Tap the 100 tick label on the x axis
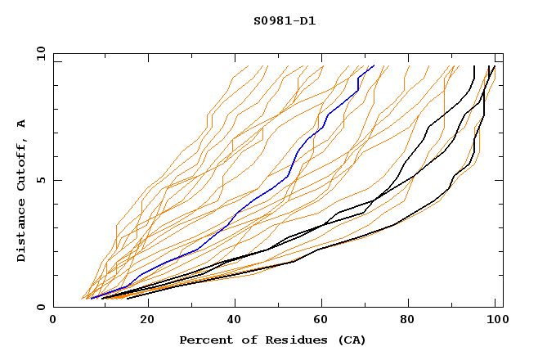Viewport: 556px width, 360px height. pyautogui.click(x=496, y=320)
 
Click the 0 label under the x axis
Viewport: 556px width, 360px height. pyautogui.click(x=53, y=320)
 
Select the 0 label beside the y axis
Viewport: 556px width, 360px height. pyautogui.click(x=40, y=308)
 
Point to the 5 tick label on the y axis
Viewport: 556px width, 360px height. pyautogui.click(x=40, y=180)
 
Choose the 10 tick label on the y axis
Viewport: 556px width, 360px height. pyautogui.click(x=38, y=53)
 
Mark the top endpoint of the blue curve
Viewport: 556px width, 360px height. pyautogui.click(x=374, y=65)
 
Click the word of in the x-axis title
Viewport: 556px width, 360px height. pyautogui.click(x=243, y=340)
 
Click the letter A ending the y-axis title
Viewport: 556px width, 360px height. pyautogui.click(x=21, y=124)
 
